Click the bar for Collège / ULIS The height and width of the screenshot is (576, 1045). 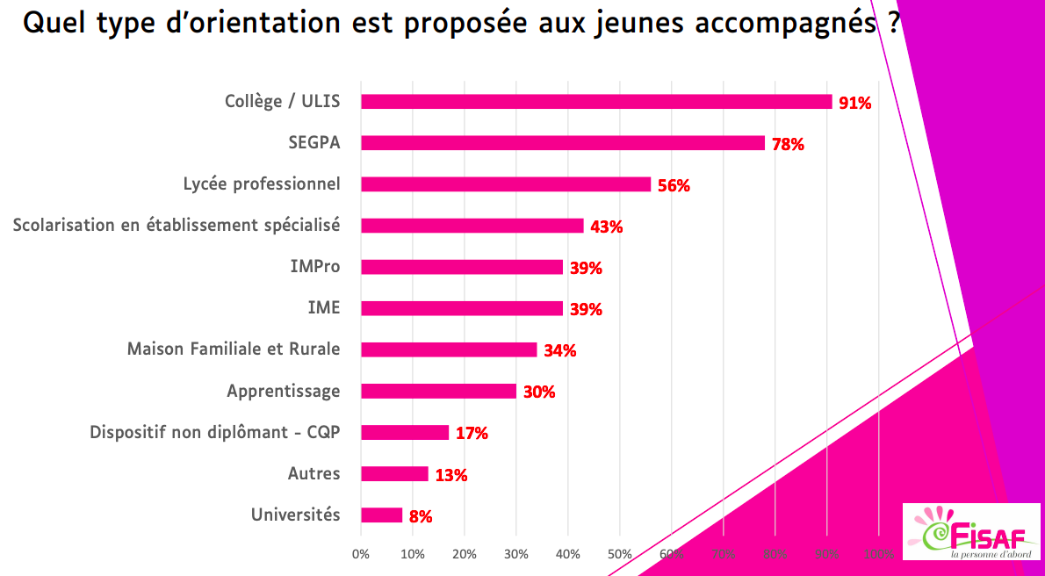click(x=596, y=102)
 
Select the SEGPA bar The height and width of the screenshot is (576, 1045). click(x=563, y=143)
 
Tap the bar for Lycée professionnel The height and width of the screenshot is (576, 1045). click(x=506, y=184)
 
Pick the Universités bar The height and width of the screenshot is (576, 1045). click(x=381, y=515)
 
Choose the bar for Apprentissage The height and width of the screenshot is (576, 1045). click(x=438, y=392)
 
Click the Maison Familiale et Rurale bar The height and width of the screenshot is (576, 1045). click(x=449, y=349)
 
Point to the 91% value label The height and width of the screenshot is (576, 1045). click(x=854, y=103)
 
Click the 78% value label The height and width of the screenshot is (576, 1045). click(x=788, y=144)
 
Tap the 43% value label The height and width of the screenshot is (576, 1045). click(x=606, y=227)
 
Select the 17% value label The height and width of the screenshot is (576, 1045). click(x=472, y=433)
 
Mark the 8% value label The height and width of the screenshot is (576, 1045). click(x=421, y=516)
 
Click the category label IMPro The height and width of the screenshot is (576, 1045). click(x=314, y=267)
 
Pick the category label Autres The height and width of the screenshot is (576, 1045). click(x=313, y=474)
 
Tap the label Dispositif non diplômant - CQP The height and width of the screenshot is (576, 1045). click(x=214, y=433)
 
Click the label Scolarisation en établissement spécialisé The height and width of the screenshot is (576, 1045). click(x=176, y=226)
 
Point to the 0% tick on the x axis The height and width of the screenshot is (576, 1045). click(x=361, y=554)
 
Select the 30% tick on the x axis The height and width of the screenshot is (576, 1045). click(x=516, y=554)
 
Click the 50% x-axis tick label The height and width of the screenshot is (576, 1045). click(x=620, y=554)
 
